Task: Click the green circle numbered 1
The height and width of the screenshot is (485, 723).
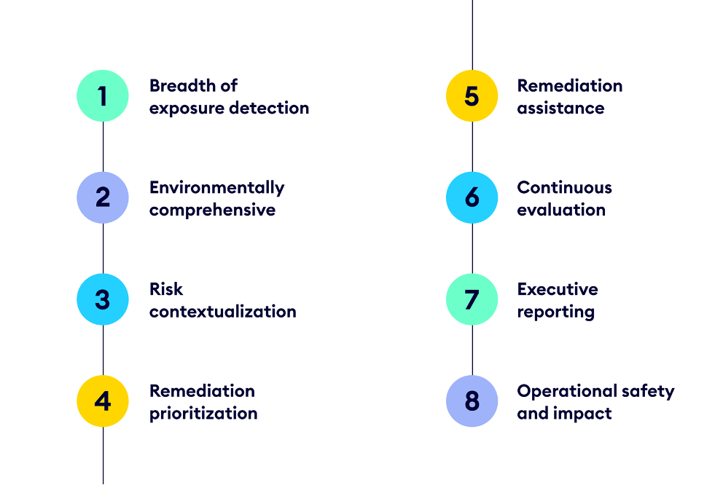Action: [103, 95]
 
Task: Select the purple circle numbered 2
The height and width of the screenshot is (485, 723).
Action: [103, 197]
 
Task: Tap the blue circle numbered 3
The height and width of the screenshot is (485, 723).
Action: [103, 299]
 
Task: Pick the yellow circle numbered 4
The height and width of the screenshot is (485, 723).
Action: [103, 401]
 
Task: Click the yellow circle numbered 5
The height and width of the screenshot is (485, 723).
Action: [472, 95]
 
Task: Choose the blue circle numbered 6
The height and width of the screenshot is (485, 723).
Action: [472, 197]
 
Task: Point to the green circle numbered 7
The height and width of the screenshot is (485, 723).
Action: [472, 299]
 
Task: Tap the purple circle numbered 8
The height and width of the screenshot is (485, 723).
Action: [472, 401]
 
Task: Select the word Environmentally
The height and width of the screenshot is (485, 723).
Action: [216, 188]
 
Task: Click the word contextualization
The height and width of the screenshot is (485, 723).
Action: [222, 312]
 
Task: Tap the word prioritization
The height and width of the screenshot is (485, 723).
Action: [203, 414]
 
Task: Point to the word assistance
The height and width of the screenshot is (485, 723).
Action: [560, 108]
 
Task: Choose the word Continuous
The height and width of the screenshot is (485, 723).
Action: [564, 188]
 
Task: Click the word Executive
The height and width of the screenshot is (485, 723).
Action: [557, 290]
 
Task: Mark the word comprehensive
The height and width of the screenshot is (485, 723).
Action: [212, 210]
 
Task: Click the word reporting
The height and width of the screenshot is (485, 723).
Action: [555, 312]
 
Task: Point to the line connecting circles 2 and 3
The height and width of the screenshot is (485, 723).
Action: [103, 248]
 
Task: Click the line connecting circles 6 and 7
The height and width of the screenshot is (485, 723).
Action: [472, 248]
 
